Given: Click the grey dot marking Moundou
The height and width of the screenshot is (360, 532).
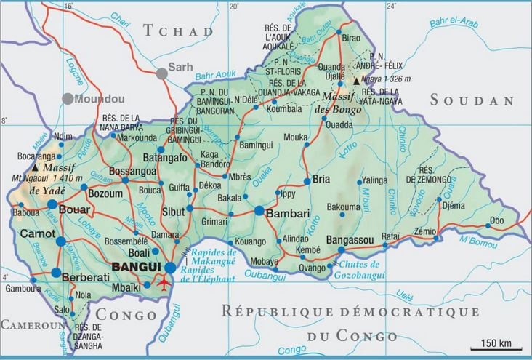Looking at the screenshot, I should pyautogui.click(x=68, y=98).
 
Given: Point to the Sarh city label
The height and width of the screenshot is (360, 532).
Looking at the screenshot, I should pyautogui.click(x=180, y=67).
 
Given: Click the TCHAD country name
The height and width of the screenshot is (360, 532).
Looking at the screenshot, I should pyautogui.click(x=178, y=31).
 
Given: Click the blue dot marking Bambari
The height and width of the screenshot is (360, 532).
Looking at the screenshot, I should pyautogui.click(x=259, y=211).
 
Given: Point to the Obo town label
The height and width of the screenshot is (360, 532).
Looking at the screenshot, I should pyautogui.click(x=497, y=220).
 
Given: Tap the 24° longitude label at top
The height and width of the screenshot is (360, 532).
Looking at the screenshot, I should pyautogui.click(x=392, y=6).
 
